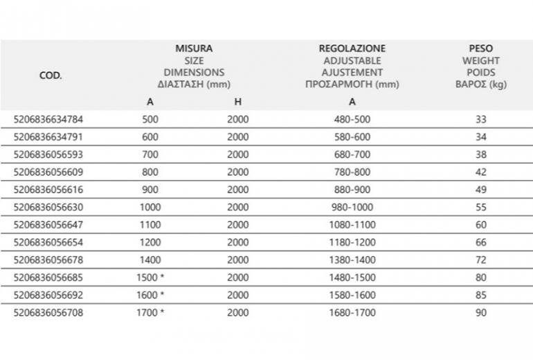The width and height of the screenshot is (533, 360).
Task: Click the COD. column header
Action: click(51, 75)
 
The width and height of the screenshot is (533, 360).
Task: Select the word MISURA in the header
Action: click(194, 48)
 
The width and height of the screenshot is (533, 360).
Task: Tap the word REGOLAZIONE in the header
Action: click(352, 48)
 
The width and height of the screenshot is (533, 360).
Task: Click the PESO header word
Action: click(480, 48)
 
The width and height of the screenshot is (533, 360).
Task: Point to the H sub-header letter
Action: click(237, 102)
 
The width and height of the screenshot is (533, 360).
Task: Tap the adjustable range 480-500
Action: click(352, 120)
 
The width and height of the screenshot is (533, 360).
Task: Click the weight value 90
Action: click(481, 313)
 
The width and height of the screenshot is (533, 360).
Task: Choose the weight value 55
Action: click(481, 207)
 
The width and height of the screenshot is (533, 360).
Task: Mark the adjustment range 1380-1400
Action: click(352, 260)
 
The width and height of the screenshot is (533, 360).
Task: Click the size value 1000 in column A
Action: click(150, 207)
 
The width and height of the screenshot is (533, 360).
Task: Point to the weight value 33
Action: click(481, 120)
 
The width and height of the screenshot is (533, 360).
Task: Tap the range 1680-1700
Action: click(352, 313)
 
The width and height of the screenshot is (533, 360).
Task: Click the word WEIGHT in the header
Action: click(480, 61)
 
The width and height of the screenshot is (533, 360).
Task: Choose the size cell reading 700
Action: click(150, 154)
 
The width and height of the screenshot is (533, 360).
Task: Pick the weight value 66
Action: click(481, 243)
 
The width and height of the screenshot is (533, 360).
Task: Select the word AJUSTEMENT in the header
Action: click(352, 73)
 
